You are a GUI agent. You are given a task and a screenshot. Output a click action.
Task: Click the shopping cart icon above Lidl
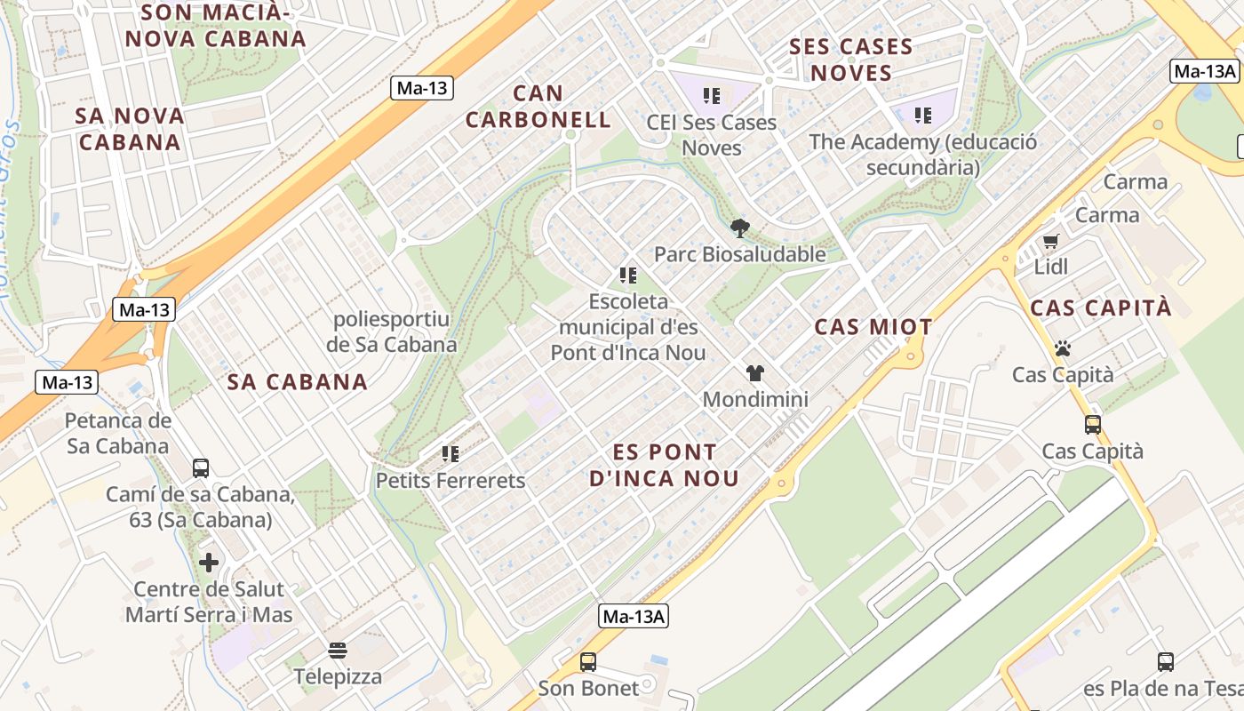[1050, 241]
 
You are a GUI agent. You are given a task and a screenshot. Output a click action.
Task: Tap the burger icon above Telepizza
[338, 651]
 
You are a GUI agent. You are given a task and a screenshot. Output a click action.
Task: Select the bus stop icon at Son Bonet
[587, 661]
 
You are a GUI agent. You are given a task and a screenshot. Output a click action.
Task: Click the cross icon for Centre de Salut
[209, 563]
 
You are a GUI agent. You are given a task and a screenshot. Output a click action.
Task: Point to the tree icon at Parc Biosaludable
[739, 228]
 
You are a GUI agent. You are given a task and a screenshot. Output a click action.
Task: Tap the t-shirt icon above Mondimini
[755, 373]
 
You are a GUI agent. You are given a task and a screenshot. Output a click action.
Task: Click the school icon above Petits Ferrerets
[451, 454]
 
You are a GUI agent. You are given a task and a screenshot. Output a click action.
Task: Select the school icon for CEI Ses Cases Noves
[711, 95]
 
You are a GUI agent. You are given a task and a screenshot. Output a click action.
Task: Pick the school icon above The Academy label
[923, 115]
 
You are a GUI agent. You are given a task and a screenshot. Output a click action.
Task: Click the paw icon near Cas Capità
[1062, 348]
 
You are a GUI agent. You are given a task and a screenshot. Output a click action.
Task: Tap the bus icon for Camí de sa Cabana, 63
[201, 467]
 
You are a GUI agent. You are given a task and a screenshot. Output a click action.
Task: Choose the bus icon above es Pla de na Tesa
[1165, 661]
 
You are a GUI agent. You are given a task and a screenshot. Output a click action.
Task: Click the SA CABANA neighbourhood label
[297, 382]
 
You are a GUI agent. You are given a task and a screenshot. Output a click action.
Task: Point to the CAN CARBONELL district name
[538, 107]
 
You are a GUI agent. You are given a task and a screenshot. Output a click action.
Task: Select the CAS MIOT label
[873, 327]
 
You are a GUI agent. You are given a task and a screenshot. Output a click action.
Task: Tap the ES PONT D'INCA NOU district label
[665, 465]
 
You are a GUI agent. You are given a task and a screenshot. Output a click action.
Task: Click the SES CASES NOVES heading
[850, 60]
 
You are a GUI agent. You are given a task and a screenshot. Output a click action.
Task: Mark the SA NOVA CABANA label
[130, 129]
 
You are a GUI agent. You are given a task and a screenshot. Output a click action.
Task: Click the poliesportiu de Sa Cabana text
[392, 332]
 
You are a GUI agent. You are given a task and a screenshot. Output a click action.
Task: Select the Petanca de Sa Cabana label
[118, 433]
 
